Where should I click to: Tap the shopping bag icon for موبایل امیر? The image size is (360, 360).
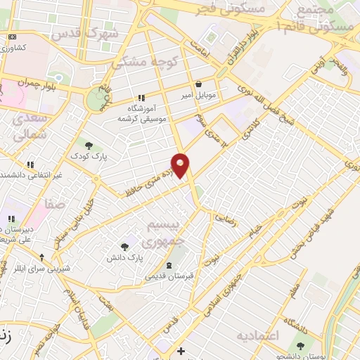[x=199, y=84]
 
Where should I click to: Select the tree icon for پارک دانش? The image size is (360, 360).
[x=124, y=246]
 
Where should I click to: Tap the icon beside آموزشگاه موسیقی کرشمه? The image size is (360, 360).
[x=141, y=98]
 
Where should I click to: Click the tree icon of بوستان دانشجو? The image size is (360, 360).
[x=301, y=346]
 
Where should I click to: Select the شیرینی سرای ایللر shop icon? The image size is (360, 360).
[x=42, y=257]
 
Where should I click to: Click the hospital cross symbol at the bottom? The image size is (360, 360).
[x=181, y=351]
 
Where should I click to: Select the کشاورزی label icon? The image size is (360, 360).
[x=12, y=37]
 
